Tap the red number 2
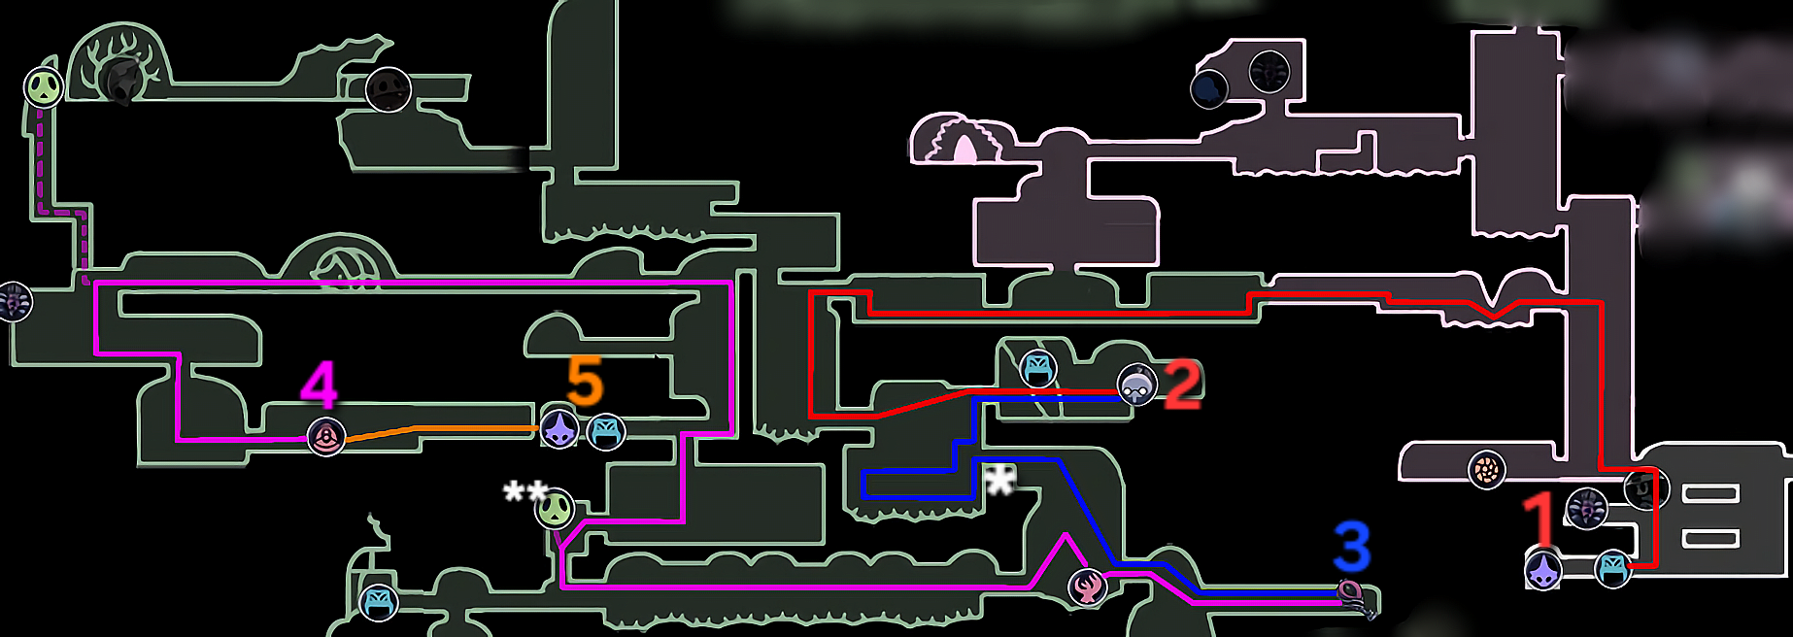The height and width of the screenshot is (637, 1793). [x=1182, y=385]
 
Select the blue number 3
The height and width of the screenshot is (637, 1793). [x=1352, y=547]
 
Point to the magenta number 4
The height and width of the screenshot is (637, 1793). [x=320, y=384]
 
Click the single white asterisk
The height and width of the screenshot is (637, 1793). [x=999, y=480]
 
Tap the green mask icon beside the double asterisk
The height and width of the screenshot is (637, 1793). [x=555, y=510]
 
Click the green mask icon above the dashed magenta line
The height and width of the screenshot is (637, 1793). [x=44, y=87]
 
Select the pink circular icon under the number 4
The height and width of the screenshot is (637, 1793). [x=326, y=437]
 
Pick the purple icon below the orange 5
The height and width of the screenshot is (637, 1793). [x=559, y=428]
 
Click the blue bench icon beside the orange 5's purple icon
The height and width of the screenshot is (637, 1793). [x=606, y=432]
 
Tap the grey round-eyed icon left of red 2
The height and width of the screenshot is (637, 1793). [x=1136, y=385]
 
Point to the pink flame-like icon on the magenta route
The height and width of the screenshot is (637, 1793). [x=1088, y=587]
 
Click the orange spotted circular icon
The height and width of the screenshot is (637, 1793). [x=1486, y=471]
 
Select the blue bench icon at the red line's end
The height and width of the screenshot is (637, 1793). [x=1612, y=569]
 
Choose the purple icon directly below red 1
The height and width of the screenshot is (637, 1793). [x=1543, y=570]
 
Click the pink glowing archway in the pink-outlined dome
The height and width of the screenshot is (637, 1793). [x=964, y=149]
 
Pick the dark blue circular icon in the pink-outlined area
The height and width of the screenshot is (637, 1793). [x=1209, y=88]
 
